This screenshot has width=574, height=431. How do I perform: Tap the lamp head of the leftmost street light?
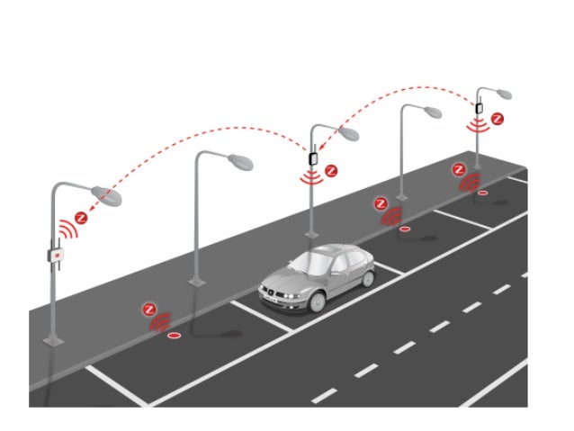pyautogui.click(x=105, y=194)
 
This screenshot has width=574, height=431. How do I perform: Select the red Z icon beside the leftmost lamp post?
pyautogui.click(x=82, y=217)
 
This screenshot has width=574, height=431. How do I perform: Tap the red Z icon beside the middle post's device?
pyautogui.click(x=331, y=169)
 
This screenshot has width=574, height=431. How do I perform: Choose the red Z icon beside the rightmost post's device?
pyautogui.click(x=497, y=118)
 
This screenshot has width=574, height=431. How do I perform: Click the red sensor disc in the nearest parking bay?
pyautogui.click(x=172, y=335)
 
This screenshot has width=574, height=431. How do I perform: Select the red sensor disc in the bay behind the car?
pyautogui.click(x=404, y=229)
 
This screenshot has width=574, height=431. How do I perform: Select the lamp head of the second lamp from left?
pyautogui.click(x=240, y=163)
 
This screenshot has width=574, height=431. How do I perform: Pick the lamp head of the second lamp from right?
pyautogui.click(x=433, y=112)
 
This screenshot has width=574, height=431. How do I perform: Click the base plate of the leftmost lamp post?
pyautogui.click(x=58, y=340)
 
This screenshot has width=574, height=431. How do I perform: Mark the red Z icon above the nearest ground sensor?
pyautogui.click(x=149, y=310)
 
